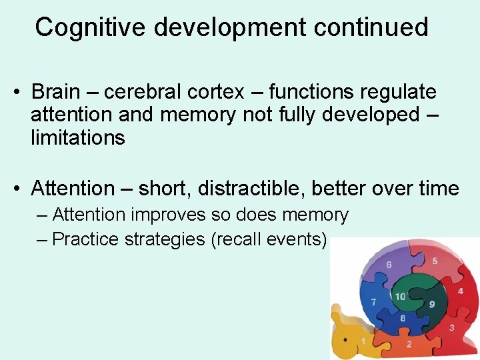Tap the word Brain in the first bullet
pyautogui.click(x=57, y=91)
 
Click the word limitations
pyautogui.click(x=77, y=138)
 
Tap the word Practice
pyautogui.click(x=84, y=239)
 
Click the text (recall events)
pyautogui.click(x=269, y=239)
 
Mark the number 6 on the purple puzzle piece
pyautogui.click(x=389, y=265)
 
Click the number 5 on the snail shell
pyautogui.click(x=435, y=261)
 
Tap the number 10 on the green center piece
pyautogui.click(x=401, y=297)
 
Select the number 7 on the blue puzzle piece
pyautogui.click(x=374, y=302)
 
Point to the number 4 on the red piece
pyautogui.click(x=460, y=291)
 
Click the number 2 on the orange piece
pyautogui.click(x=409, y=344)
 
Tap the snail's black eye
pyautogui.click(x=345, y=340)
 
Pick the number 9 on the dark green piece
pyautogui.click(x=432, y=304)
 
